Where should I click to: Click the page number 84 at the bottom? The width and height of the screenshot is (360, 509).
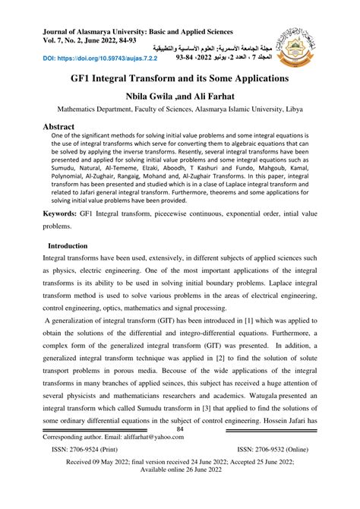[x=180, y=430]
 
